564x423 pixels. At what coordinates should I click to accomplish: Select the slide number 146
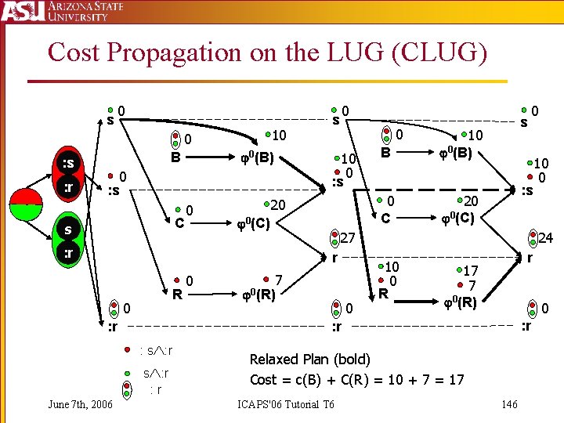509,404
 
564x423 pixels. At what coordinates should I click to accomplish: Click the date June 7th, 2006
80,404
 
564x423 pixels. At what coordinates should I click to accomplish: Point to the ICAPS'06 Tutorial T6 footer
285,404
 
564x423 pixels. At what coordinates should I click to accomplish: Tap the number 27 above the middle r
348,237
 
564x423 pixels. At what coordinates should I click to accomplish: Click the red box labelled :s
69,164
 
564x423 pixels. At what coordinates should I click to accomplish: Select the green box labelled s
69,230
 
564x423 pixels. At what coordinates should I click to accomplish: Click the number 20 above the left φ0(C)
278,204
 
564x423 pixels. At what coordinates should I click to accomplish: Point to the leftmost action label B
176,157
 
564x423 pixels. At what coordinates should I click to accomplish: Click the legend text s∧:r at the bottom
156,374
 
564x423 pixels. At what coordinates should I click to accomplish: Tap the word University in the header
78,16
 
